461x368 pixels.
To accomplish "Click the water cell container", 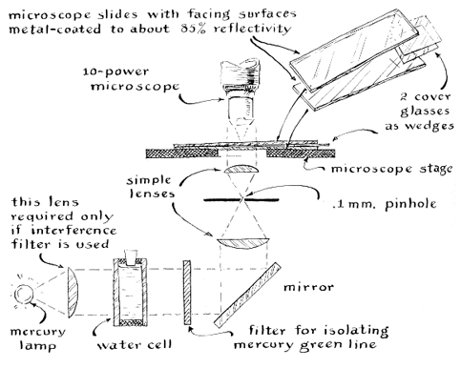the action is coord(131,293).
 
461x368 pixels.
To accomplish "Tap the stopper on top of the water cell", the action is coord(131,257).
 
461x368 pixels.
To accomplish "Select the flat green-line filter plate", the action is coord(187,293).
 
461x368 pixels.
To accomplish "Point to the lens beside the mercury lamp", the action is coord(73,292).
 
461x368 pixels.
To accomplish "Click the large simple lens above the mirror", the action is coord(244,243).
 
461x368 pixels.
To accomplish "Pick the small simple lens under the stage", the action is coord(241,169).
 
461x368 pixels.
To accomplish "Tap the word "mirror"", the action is coord(308,287).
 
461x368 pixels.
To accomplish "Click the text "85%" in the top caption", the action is coord(193,29).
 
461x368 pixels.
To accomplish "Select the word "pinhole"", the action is coord(410,204).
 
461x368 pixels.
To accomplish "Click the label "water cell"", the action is coord(135,344).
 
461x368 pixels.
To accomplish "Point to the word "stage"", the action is coord(436,169).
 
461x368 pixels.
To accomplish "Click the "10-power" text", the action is coord(115,72).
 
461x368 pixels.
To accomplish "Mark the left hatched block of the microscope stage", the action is coord(182,153).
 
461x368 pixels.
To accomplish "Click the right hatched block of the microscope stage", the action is coord(301,153).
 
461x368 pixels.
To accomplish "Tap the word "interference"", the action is coord(73,230).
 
